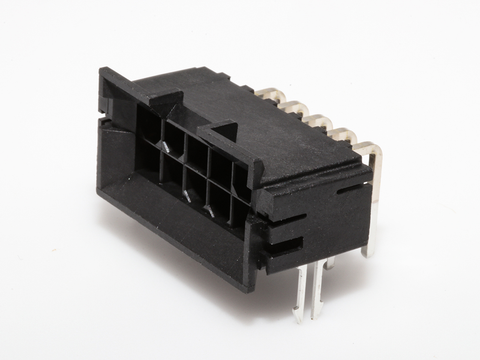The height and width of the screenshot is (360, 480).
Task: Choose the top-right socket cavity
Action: (x=241, y=177)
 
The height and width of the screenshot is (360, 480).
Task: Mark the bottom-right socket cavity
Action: (x=238, y=212)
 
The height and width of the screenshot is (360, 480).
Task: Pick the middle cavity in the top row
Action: (x=195, y=151)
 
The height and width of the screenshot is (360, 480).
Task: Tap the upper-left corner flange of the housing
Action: (x=110, y=75)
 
